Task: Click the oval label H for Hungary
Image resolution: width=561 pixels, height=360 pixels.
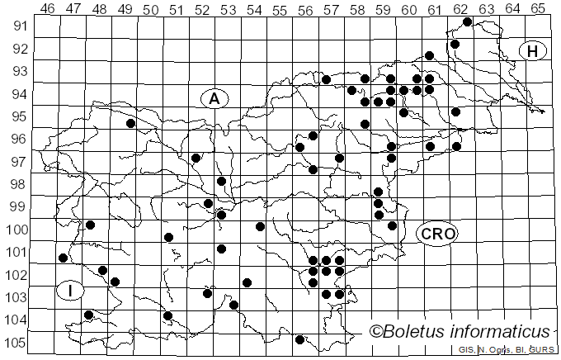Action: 533,51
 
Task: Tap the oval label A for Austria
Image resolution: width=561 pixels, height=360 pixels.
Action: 214,98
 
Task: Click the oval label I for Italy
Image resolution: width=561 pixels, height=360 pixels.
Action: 72,291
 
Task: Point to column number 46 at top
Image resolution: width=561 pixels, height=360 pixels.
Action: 48,8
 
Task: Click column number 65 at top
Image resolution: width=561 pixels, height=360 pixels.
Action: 538,8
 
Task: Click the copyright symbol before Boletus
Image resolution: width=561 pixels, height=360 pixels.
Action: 376,332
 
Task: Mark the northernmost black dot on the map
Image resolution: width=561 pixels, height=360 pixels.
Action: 468,21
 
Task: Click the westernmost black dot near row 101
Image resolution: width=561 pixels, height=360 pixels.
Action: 64,258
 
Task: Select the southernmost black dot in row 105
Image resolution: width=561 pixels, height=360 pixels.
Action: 299,339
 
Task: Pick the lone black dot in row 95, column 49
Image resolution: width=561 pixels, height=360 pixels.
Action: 130,123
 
